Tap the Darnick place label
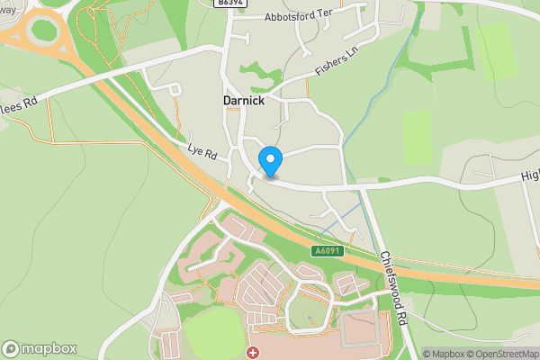pos(244,102)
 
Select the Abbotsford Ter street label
pos(304,17)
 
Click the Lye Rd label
pos(203,154)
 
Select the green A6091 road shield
pos(329,252)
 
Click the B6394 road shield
pos(231,4)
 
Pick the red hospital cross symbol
pos(253,352)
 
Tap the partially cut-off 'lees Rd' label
pos(19,104)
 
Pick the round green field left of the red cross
pos(214,335)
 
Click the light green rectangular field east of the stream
pos(418,138)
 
